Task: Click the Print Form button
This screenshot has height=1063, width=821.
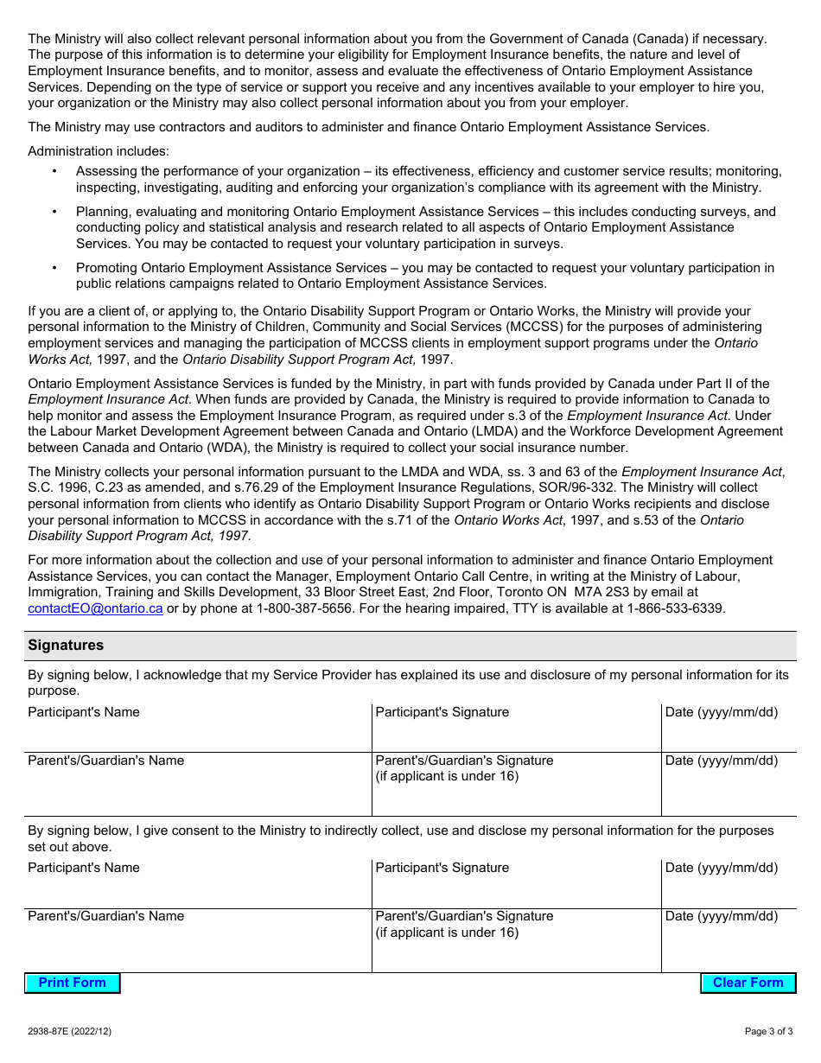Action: (x=73, y=983)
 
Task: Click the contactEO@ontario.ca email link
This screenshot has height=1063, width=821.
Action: (x=95, y=608)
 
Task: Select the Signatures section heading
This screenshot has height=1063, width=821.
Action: (x=66, y=646)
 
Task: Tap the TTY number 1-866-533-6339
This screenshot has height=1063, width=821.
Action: (x=674, y=608)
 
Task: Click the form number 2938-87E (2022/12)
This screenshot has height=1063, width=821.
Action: (x=69, y=1031)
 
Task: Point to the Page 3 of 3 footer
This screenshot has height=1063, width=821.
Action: (x=768, y=1031)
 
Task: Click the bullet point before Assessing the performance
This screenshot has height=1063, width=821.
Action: (x=54, y=172)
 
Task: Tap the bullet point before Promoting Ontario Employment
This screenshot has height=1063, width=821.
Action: (x=54, y=268)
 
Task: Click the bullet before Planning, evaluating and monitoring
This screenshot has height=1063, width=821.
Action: (x=54, y=212)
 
